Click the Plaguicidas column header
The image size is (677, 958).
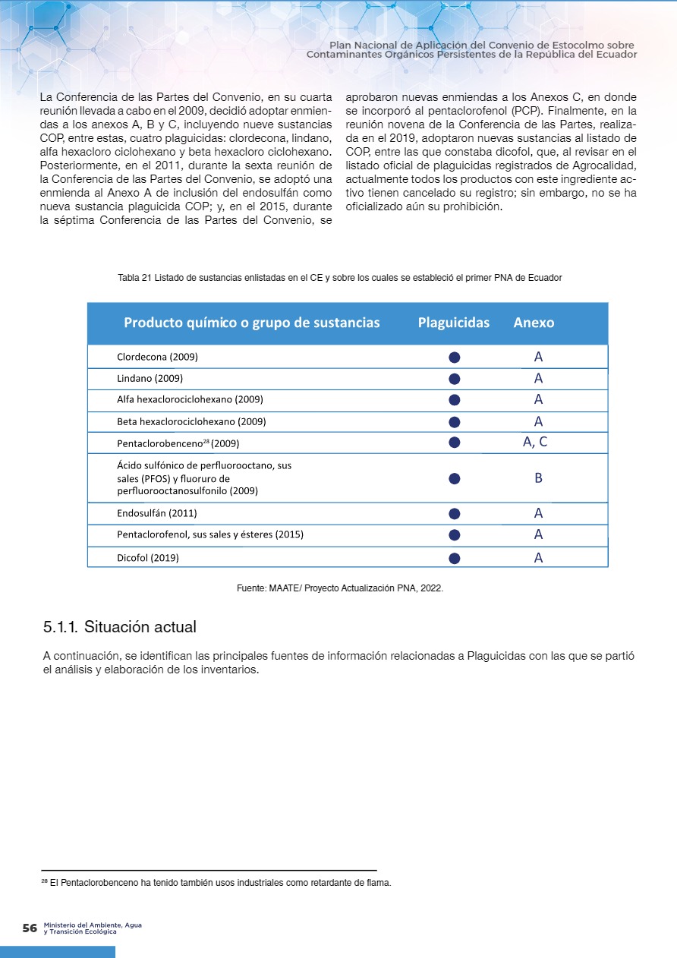pyautogui.click(x=453, y=323)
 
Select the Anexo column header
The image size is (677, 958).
pyautogui.click(x=534, y=323)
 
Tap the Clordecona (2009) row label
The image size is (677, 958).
pyautogui.click(x=158, y=356)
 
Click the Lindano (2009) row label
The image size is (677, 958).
pyautogui.click(x=150, y=378)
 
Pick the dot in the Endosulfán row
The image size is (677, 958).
pyautogui.click(x=455, y=514)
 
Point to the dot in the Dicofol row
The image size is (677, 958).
pyautogui.click(x=455, y=558)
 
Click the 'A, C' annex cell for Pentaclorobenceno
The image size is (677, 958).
pyautogui.click(x=535, y=443)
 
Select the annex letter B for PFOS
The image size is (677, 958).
pyautogui.click(x=538, y=478)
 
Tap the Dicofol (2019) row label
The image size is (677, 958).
pyautogui.click(x=148, y=558)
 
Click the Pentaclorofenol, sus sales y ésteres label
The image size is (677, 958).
pyautogui.click(x=210, y=534)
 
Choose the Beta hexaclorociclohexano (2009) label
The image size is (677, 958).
pyautogui.click(x=191, y=421)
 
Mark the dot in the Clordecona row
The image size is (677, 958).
pyautogui.click(x=455, y=357)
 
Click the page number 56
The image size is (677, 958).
pyautogui.click(x=30, y=928)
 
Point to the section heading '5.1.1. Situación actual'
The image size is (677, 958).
pyautogui.click(x=120, y=628)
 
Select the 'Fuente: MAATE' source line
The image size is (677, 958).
pyautogui.click(x=340, y=588)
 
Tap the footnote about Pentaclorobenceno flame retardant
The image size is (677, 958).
pyautogui.click(x=216, y=883)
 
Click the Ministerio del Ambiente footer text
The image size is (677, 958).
pyautogui.click(x=93, y=928)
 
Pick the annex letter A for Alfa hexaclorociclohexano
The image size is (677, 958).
pyautogui.click(x=538, y=399)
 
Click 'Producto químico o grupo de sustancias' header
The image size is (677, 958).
pyautogui.click(x=251, y=323)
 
